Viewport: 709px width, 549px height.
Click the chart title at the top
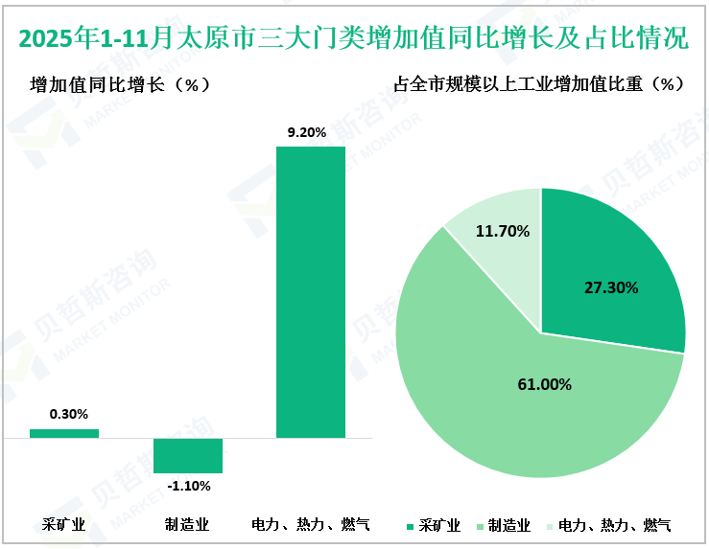click(353, 39)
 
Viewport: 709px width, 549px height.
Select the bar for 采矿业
click(64, 434)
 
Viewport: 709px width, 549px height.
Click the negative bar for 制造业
click(188, 455)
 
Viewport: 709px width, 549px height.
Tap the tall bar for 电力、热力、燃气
click(310, 292)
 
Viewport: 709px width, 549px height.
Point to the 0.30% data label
click(68, 414)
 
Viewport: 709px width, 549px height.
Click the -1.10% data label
click(188, 486)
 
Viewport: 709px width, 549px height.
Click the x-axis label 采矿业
click(64, 524)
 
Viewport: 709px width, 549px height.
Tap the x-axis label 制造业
click(187, 524)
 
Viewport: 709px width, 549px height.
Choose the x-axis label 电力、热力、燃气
click(310, 524)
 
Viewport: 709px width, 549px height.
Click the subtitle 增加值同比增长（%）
click(120, 84)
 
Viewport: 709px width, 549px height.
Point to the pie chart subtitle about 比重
click(539, 84)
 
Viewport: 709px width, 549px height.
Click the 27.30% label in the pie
click(611, 286)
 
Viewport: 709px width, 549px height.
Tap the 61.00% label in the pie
click(544, 384)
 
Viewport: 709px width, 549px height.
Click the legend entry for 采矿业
click(434, 525)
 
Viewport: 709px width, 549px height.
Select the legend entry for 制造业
click(503, 525)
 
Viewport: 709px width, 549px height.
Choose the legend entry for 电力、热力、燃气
click(608, 525)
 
